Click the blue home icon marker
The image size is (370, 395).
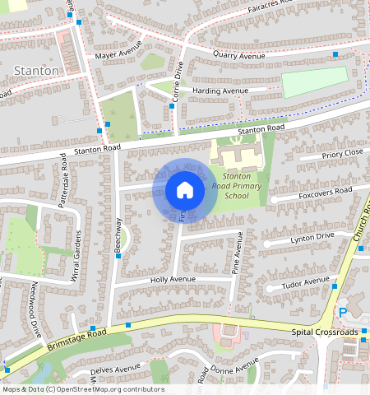185,190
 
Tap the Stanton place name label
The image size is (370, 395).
37,72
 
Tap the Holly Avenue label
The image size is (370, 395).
172,280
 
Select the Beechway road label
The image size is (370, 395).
119,235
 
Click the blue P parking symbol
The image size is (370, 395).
342,313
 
